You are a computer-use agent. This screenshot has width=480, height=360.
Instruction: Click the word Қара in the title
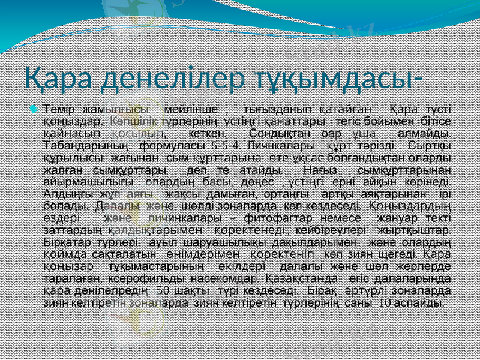coord(58,79)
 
